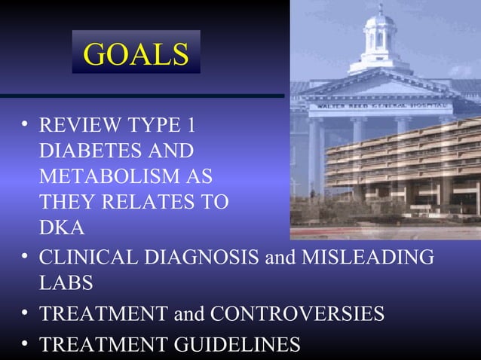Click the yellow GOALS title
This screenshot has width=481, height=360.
[136, 53]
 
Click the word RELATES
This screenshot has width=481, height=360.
[151, 203]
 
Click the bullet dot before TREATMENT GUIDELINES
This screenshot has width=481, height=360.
[26, 343]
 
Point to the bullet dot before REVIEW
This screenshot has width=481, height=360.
[26, 124]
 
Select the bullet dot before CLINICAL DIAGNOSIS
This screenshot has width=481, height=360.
[26, 255]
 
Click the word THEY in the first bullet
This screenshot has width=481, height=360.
[68, 203]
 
